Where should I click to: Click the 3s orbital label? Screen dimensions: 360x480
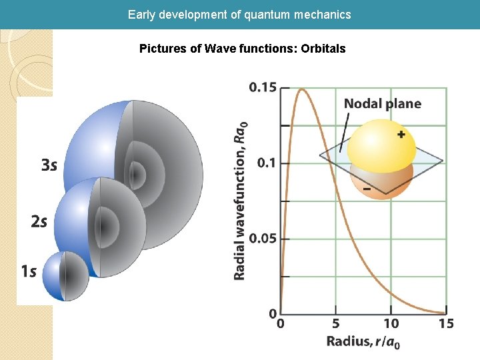click(49, 165)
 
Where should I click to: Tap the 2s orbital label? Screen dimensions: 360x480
click(39, 221)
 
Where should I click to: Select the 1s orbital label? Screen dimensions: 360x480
click(28, 271)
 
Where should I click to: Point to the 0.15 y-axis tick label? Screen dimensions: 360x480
click(263, 87)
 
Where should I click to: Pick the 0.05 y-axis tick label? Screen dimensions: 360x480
click(263, 239)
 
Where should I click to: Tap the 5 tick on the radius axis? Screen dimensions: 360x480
click(337, 324)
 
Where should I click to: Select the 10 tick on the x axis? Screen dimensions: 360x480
click(391, 324)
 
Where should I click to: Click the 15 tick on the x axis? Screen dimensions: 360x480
click(446, 324)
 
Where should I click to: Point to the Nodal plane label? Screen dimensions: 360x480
click(382, 103)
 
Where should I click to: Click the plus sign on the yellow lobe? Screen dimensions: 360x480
click(401, 135)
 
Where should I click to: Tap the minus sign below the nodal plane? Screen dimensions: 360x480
click(367, 189)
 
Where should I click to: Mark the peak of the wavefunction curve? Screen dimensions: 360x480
click(301, 89)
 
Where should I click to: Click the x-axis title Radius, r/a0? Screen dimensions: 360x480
click(363, 342)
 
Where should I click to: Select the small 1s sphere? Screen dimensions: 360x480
click(65, 275)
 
